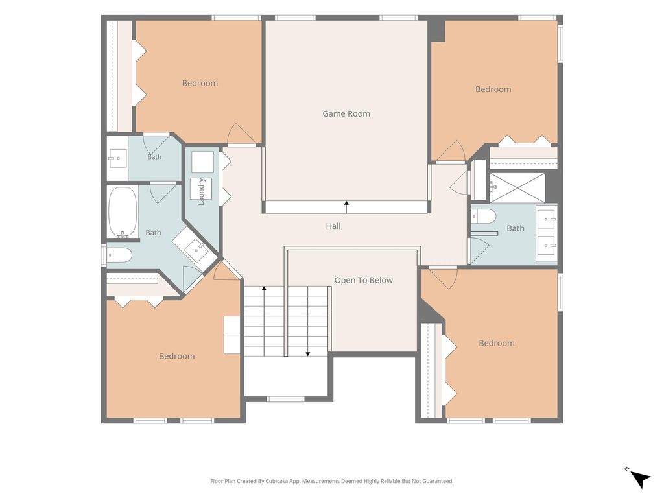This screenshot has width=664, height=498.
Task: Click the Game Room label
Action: [346, 113]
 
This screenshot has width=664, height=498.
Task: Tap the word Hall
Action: [333, 226]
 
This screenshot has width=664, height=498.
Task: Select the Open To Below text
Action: [363, 280]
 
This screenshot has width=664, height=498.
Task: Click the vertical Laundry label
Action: [202, 192]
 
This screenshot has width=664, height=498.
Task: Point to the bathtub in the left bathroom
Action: [123, 212]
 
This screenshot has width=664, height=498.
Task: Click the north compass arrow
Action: [640, 479]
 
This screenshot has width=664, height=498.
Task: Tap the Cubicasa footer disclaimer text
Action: [332, 481]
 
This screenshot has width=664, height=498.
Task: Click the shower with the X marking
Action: [517, 188]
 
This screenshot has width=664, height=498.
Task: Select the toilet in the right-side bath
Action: [484, 217]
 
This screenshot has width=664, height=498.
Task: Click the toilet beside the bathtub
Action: [119, 255]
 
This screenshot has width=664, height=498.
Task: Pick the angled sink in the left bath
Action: [196, 248]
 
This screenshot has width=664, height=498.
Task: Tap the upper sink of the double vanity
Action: [547, 219]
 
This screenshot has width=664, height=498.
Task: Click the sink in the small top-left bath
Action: [117, 158]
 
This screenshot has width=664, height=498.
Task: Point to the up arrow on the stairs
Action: [264, 321]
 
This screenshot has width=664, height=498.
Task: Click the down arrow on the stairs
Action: [308, 321]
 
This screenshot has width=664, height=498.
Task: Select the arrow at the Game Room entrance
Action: [346, 207]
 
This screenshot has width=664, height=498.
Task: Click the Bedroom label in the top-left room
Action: [200, 83]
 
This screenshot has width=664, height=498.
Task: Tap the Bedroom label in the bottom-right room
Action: [497, 343]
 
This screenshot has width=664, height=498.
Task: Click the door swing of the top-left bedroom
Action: [241, 134]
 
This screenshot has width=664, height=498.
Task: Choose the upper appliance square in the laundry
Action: [202, 162]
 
